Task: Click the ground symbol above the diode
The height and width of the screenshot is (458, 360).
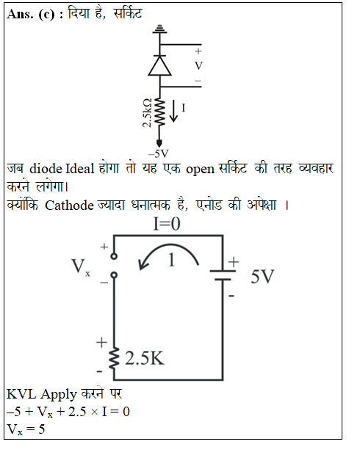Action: [159, 29]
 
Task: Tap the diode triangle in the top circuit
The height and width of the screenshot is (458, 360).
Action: [159, 65]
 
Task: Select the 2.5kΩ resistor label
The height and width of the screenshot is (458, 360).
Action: [147, 113]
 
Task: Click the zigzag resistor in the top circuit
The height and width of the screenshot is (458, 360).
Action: [159, 112]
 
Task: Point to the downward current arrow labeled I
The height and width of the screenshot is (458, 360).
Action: [173, 111]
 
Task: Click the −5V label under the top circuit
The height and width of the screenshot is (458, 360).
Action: [159, 153]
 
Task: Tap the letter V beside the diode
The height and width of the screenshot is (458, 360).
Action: [198, 66]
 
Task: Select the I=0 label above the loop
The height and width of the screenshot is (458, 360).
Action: [167, 224]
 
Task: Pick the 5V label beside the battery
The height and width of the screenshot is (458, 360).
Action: [262, 276]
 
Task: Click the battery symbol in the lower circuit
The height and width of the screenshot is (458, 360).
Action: [223, 275]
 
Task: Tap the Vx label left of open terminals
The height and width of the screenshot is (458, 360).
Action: [81, 266]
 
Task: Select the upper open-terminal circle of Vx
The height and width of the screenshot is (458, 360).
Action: [114, 256]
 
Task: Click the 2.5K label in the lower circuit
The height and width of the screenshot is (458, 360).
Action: [145, 358]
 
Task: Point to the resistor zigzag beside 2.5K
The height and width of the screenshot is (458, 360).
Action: [114, 358]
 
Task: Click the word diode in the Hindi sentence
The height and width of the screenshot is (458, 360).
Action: [46, 169]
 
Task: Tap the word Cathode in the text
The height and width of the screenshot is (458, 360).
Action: [69, 205]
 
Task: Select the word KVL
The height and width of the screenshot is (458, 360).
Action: [21, 394]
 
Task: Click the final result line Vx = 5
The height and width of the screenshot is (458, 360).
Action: [26, 429]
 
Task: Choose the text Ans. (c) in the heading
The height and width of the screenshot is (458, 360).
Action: [30, 14]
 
